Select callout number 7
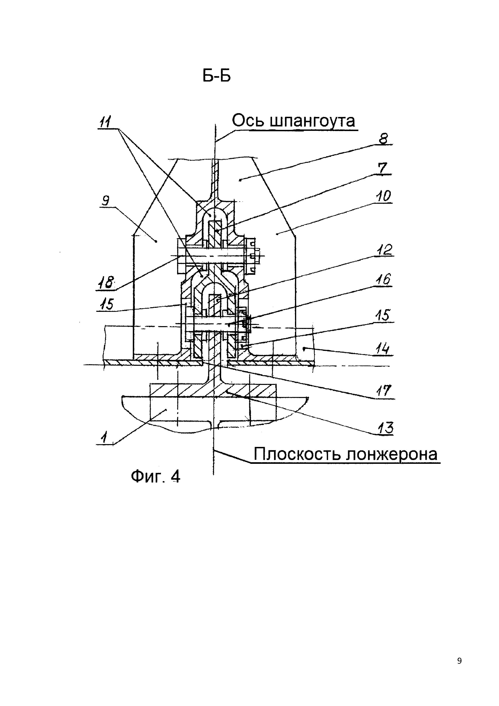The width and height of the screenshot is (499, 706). coord(382,168)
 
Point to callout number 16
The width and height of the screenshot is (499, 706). coord(383,280)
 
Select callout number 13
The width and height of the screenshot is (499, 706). coord(386,428)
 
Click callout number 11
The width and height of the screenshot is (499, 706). coord(105,122)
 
